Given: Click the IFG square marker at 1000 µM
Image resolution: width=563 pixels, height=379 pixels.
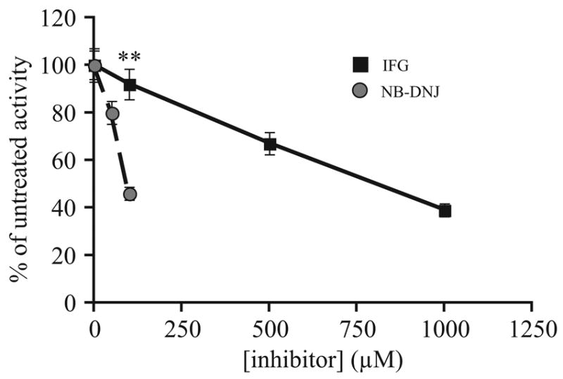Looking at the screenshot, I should pos(444,211).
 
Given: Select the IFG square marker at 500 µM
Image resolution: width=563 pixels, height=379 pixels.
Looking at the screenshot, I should pos(270,144).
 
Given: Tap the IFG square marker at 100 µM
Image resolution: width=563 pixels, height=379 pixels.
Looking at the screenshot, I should pos(129,85).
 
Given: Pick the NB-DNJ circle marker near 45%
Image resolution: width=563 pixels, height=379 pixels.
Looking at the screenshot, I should pos(129,194).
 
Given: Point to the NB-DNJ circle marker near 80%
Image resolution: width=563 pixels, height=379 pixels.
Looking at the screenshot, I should pos(112,113).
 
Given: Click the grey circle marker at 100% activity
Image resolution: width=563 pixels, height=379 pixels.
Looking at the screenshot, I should pos(95,66).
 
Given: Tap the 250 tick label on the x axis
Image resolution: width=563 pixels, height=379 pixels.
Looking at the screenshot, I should pos(182,327).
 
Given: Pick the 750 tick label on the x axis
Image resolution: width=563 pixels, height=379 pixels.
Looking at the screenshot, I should pos(356,327).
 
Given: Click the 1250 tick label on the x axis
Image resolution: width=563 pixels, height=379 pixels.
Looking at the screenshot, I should pos(531,327).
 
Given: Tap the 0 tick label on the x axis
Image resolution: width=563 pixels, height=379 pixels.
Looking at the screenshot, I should pos(94,327).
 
